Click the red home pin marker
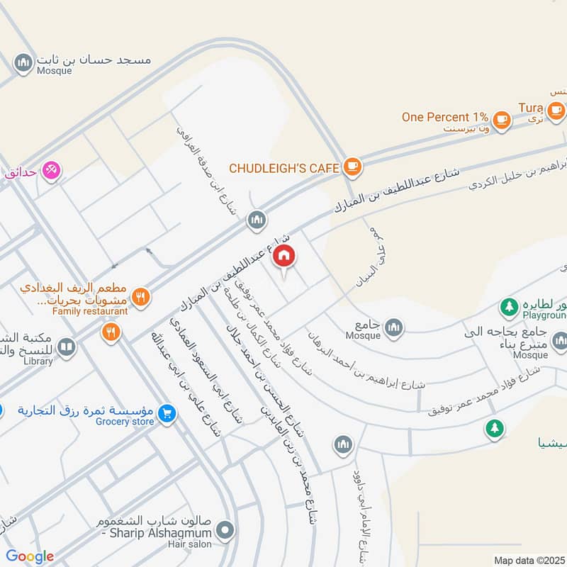pyautogui.click(x=284, y=255)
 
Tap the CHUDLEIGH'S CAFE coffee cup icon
pyautogui.click(x=352, y=168)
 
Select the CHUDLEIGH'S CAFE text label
pyautogui.click(x=283, y=169)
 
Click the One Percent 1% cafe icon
pyautogui.click(x=503, y=118)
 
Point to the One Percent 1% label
pyautogui.click(x=445, y=117)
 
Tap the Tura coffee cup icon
pyautogui.click(x=556, y=109)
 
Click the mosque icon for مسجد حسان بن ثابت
pyautogui.click(x=24, y=62)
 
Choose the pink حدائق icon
pyautogui.click(x=51, y=170)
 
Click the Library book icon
pyautogui.click(x=65, y=347)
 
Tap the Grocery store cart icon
pyautogui.click(x=167, y=412)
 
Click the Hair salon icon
pyautogui.click(x=225, y=529)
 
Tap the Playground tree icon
pyautogui.click(x=508, y=306)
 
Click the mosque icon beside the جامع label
pyautogui.click(x=394, y=327)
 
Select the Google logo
pyautogui.click(x=30, y=556)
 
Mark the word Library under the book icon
pyautogui.click(x=38, y=361)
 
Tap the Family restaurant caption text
pyautogui.click(x=90, y=310)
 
